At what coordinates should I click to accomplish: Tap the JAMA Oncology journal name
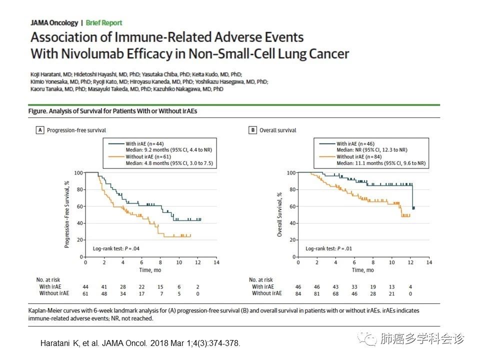pyautogui.click(x=54, y=22)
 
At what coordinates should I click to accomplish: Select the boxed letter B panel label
pyautogui.click(x=252, y=130)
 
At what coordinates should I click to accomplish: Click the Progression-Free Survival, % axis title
pyautogui.click(x=67, y=214)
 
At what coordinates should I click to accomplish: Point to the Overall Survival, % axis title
pyautogui.click(x=280, y=214)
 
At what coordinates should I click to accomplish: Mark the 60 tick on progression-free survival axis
pyautogui.click(x=78, y=206)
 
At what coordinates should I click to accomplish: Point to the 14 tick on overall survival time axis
pyautogui.click(x=428, y=262)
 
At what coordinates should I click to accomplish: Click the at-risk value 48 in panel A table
pyautogui.click(x=104, y=293)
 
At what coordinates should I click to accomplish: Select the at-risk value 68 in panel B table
pyautogui.click(x=335, y=293)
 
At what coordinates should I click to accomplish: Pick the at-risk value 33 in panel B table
pyautogui.click(x=354, y=286)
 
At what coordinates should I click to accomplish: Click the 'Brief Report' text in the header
pyautogui.click(x=104, y=22)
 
